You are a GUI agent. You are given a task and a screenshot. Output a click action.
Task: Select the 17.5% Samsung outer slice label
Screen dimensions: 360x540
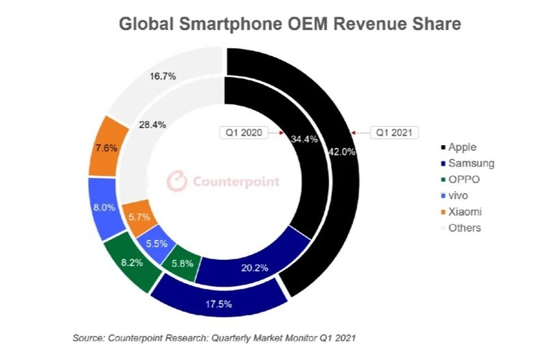click(219, 304)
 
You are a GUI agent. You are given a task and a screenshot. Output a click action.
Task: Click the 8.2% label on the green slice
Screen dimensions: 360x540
click(129, 262)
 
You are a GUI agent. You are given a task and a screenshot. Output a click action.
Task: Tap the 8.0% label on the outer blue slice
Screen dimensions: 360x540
click(104, 207)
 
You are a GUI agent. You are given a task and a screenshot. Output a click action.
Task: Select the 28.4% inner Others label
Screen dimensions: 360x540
click(152, 125)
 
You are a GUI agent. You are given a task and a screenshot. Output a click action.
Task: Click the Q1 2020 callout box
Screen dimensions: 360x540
click(242, 133)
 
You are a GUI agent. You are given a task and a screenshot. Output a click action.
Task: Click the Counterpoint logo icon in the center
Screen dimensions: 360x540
click(177, 181)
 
